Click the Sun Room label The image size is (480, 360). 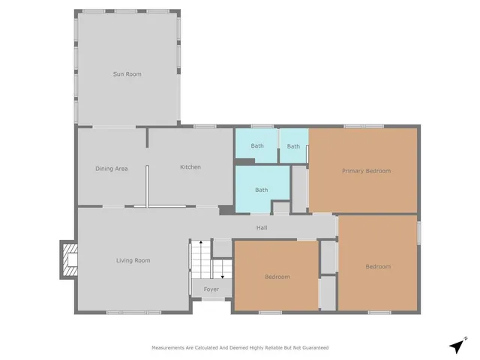pos(127,73)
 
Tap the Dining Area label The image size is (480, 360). pos(111,169)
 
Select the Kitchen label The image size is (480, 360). pos(190,166)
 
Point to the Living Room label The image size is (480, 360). pos(133,260)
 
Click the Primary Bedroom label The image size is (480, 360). pos(366,171)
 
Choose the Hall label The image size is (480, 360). pos(262,228)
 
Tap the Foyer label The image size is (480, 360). pos(211,289)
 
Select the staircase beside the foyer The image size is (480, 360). pos(201,259)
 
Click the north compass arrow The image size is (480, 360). pos(457,346)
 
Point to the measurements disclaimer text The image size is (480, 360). pos(240,348)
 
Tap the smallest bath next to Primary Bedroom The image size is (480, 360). pos(293,145)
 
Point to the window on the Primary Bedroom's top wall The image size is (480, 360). pos(364,126)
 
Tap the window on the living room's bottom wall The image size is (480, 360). pos(133,312)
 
